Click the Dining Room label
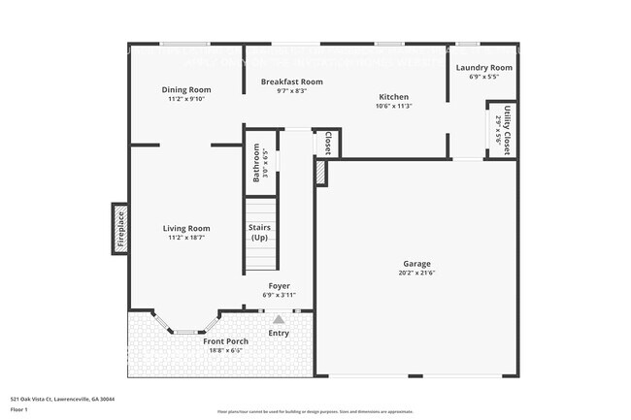point(186,89)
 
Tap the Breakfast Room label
point(291,81)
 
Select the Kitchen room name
point(394,97)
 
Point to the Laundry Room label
point(484,67)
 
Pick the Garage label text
point(417,263)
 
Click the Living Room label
point(186,228)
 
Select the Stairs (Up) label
point(260,232)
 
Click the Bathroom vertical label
point(257,163)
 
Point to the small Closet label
point(328,144)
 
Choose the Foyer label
point(279,286)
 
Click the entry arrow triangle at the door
point(279,318)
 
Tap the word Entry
point(279,334)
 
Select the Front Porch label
point(225,341)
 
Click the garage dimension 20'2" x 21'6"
point(417,273)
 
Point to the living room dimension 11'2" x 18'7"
point(186,238)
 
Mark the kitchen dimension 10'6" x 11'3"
point(394,107)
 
